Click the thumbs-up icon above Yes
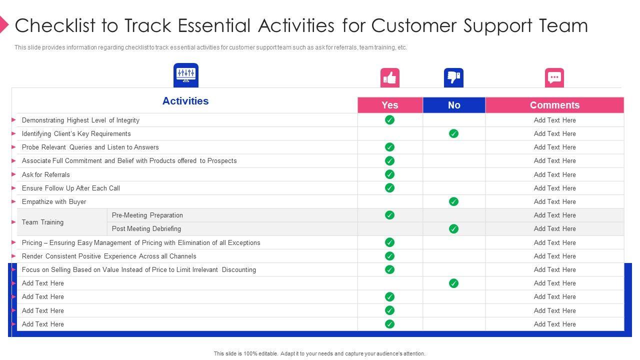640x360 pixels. (389, 77)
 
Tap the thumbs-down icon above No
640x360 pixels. (453, 77)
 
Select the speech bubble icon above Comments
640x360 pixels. (554, 77)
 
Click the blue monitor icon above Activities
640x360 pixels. (186, 75)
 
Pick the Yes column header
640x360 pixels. (390, 105)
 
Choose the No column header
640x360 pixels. (454, 105)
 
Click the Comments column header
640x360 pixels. (554, 105)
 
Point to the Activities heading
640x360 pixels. (185, 101)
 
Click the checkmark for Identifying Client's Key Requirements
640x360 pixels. (453, 133)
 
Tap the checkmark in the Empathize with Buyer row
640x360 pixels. (453, 201)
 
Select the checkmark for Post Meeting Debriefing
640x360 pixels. (453, 228)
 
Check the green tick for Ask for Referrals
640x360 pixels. (389, 174)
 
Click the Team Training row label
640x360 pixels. (42, 222)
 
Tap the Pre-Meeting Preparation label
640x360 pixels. (147, 215)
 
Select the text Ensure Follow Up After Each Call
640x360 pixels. (71, 188)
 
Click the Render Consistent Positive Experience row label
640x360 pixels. (109, 256)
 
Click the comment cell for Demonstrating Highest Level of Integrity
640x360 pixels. (554, 120)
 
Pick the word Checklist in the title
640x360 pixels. (55, 25)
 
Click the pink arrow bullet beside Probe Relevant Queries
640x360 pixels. (13, 147)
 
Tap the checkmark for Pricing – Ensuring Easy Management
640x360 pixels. (389, 242)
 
